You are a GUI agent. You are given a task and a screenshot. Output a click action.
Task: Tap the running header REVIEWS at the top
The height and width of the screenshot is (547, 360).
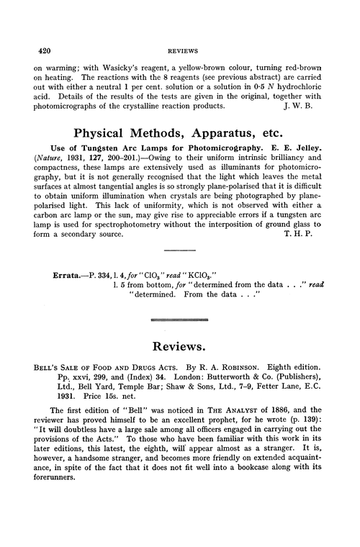179,53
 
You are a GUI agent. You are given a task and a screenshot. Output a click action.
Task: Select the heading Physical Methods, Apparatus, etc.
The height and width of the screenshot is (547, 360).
179,134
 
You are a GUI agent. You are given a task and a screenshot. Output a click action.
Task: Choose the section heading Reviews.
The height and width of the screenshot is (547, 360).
179,356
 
